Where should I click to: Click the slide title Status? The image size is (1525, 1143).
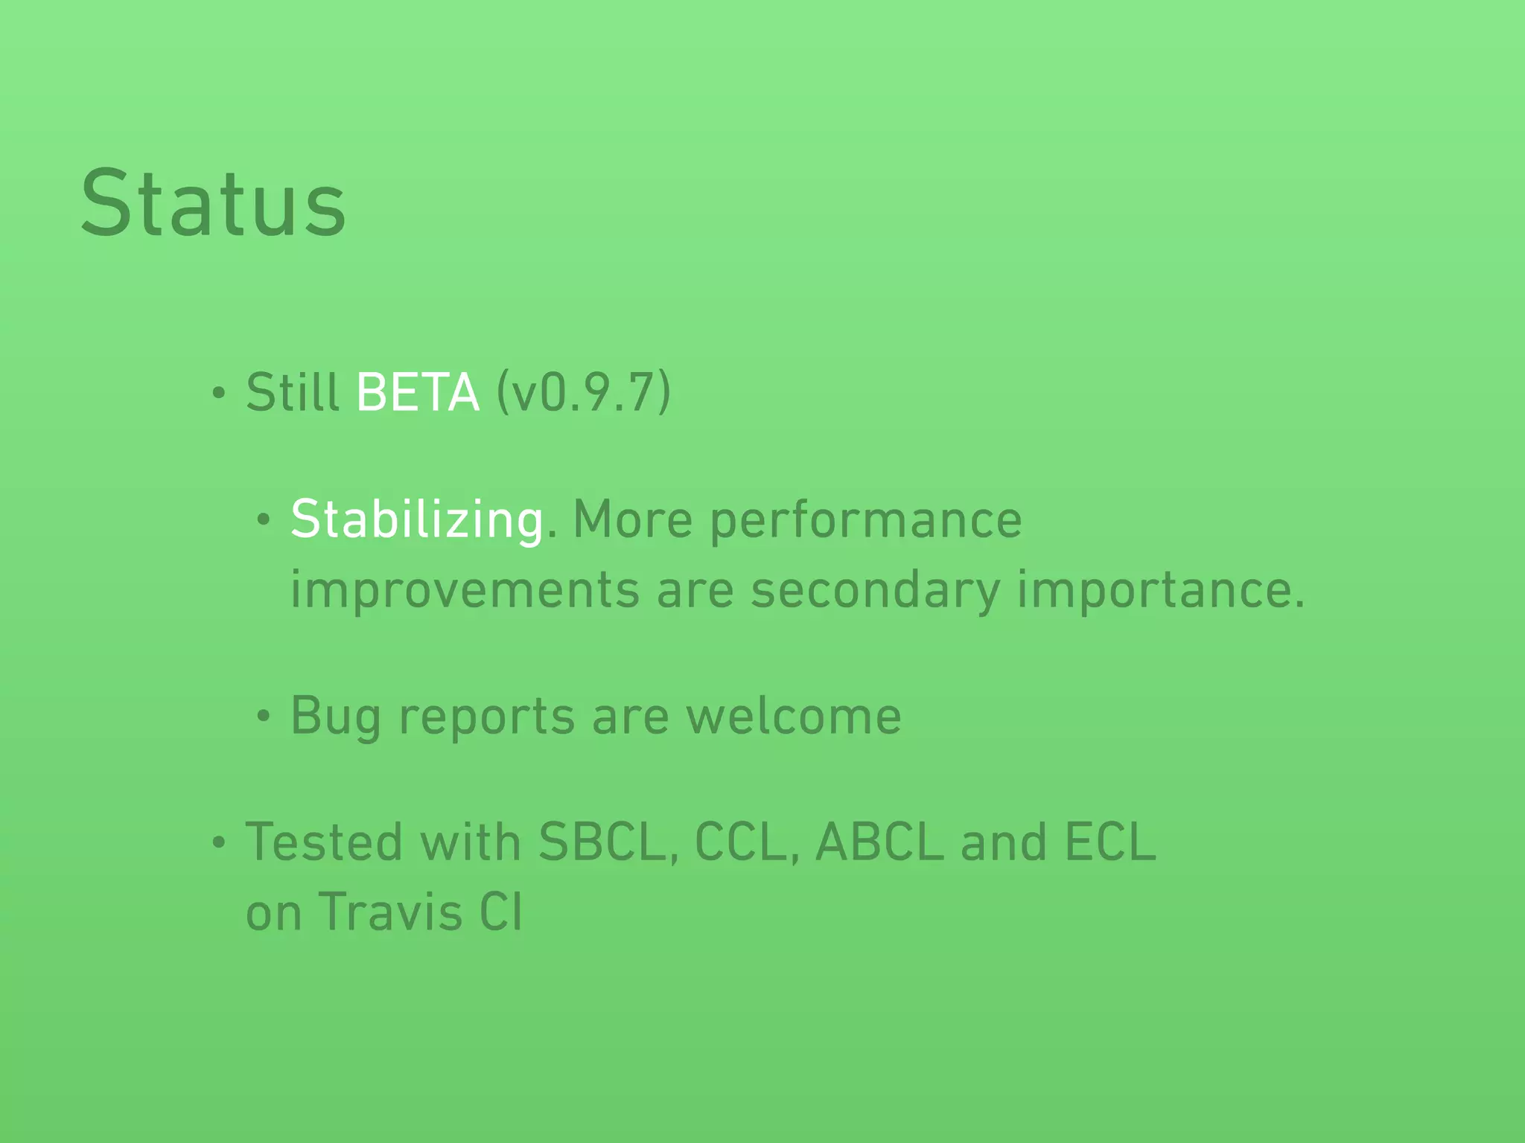click(213, 204)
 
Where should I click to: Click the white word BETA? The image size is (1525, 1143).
click(418, 392)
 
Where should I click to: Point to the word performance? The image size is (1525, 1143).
click(866, 519)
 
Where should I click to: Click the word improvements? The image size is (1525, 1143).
click(465, 590)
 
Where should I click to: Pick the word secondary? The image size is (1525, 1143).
click(875, 590)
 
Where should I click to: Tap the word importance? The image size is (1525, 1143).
click(1160, 590)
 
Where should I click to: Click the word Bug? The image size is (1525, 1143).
click(336, 717)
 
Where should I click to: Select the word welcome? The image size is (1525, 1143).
click(793, 717)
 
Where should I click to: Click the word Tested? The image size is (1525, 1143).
click(324, 842)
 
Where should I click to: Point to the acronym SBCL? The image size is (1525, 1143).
click(608, 842)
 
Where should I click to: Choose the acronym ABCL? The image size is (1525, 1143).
click(879, 842)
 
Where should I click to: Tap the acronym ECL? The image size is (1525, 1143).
click(1110, 842)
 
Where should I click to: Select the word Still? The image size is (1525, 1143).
click(293, 392)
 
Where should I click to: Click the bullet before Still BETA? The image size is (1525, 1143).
click(218, 394)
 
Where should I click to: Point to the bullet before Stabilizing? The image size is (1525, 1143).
click(263, 520)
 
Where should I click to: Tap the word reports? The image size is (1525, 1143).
click(487, 717)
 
